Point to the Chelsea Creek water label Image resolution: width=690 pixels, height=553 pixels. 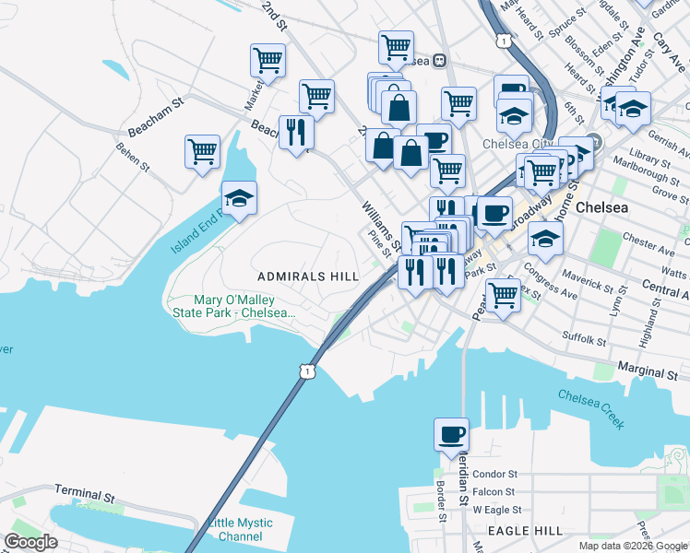click(591, 408)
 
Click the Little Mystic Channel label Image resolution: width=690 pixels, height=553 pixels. click(240, 529)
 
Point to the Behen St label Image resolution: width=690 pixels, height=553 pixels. click(132, 157)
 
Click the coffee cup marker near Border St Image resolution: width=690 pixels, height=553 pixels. click(451, 434)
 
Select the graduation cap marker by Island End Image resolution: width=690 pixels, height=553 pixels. click(239, 198)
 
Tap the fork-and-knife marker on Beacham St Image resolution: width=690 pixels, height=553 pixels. click(296, 131)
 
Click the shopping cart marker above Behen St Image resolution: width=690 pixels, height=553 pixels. click(202, 150)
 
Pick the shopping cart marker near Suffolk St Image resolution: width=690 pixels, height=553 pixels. click(502, 296)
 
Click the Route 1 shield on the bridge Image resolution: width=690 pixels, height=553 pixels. click(307, 370)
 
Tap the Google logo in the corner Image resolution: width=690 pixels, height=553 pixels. click(30, 542)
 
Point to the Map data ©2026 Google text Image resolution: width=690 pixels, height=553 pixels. click(633, 546)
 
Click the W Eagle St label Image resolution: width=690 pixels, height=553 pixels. click(498, 510)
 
